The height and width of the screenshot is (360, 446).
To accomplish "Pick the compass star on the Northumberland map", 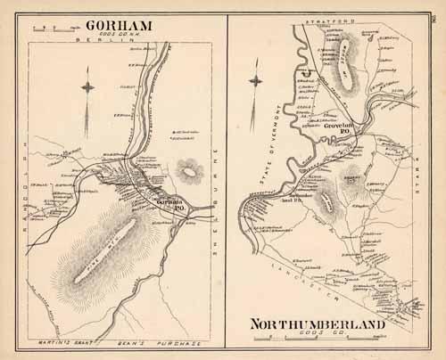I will [x=256, y=89].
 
